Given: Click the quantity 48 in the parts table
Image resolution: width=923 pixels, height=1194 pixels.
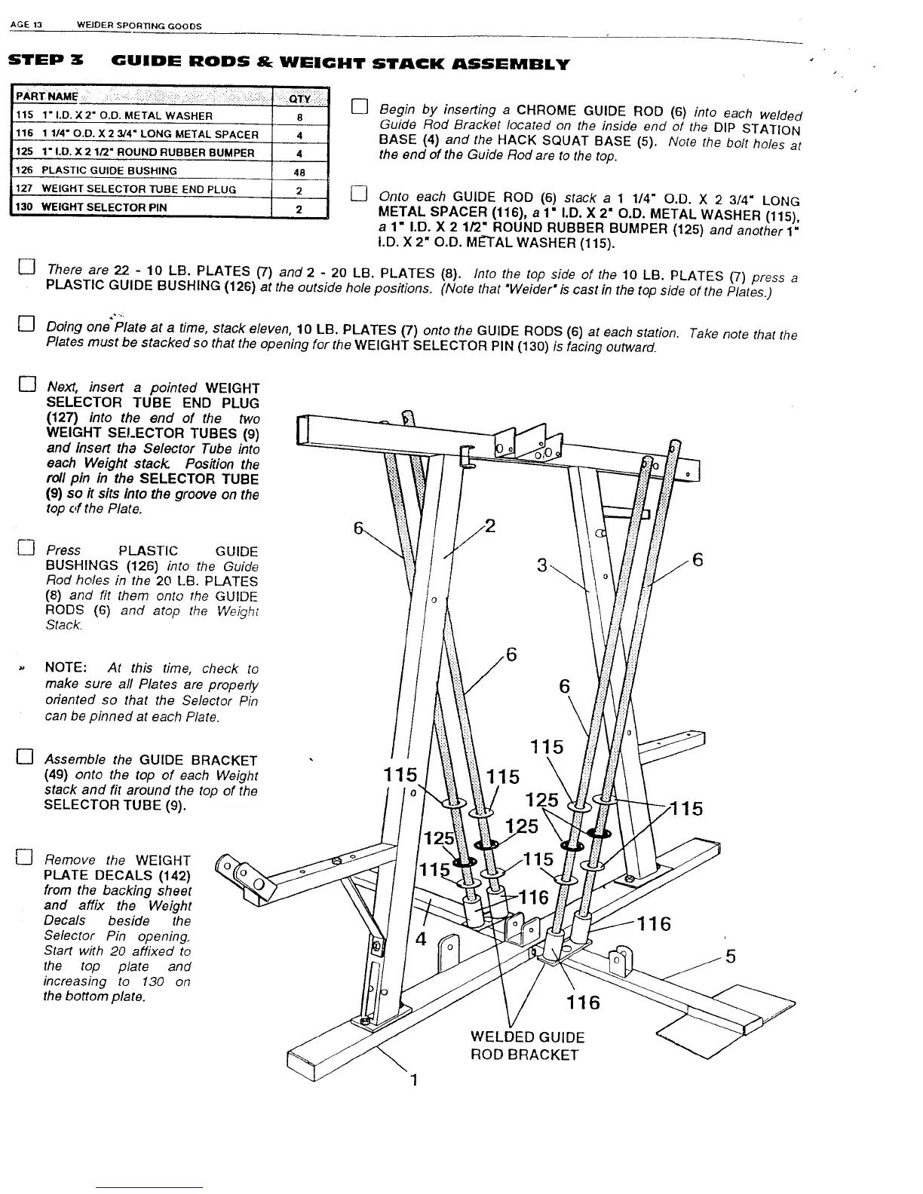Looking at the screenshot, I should [299, 171].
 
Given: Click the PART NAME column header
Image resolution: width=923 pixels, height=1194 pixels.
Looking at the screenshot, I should [48, 96].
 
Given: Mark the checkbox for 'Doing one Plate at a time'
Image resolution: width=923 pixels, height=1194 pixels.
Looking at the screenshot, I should [26, 326].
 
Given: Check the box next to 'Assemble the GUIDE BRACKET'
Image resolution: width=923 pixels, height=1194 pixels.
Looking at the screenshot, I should [26, 757].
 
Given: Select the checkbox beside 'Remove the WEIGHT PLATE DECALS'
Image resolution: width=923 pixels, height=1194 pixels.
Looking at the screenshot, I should [25, 856].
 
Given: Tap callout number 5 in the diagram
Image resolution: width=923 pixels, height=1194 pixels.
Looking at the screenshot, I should [730, 957].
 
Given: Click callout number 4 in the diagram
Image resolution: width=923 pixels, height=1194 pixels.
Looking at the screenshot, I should [422, 939].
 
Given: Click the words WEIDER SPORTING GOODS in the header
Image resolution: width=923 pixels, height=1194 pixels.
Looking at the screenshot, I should [140, 26].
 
